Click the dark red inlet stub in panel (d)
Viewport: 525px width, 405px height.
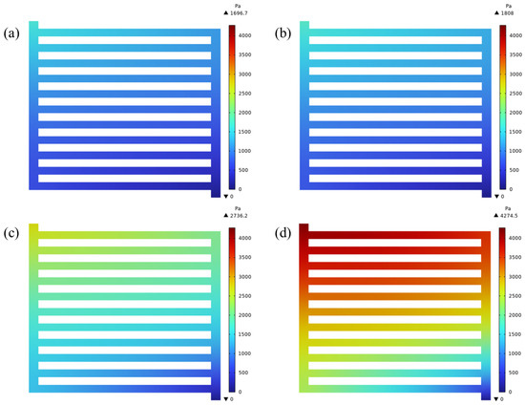[x=304, y=229]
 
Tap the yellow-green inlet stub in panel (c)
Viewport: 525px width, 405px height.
[x=34, y=229]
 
